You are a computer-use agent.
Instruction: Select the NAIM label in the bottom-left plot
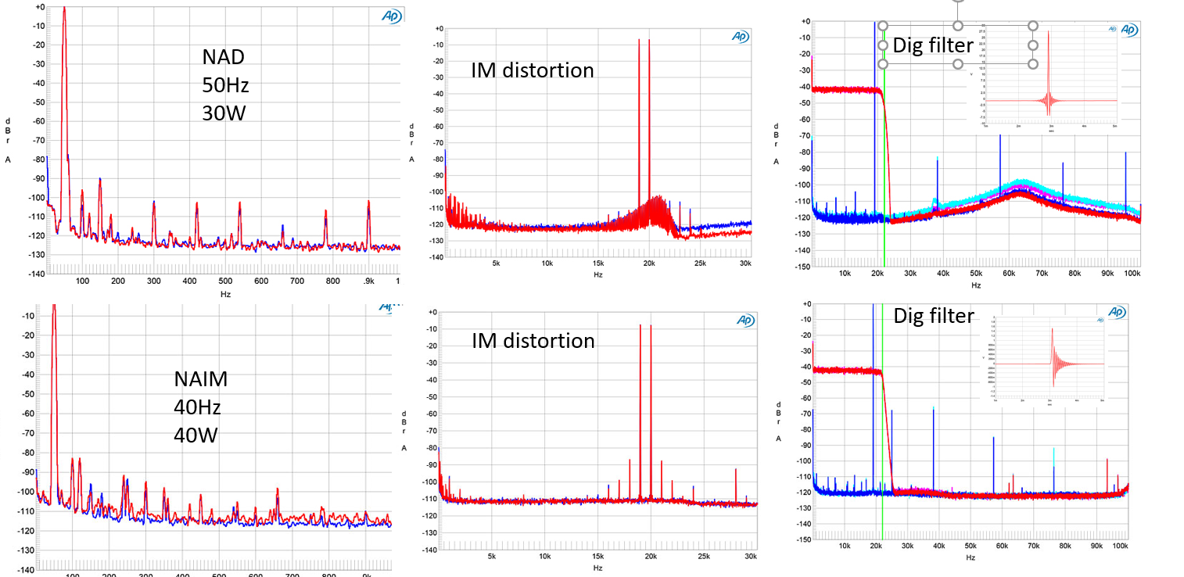[x=201, y=379]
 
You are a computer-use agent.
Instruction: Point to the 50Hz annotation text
[x=225, y=85]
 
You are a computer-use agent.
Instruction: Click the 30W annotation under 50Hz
[x=225, y=113]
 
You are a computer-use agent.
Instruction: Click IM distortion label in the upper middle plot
[x=532, y=70]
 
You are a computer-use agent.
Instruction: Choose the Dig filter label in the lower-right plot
[x=933, y=316]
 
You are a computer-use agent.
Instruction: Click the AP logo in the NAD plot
[x=391, y=16]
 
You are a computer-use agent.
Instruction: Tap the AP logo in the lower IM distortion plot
[x=744, y=321]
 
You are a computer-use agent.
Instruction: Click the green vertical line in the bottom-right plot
[x=882, y=438]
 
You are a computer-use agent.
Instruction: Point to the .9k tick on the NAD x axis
[x=367, y=281]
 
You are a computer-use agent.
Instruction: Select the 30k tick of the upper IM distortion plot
[x=744, y=264]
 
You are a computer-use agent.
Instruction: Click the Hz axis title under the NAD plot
[x=225, y=294]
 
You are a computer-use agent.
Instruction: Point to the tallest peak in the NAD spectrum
[x=64, y=9]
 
